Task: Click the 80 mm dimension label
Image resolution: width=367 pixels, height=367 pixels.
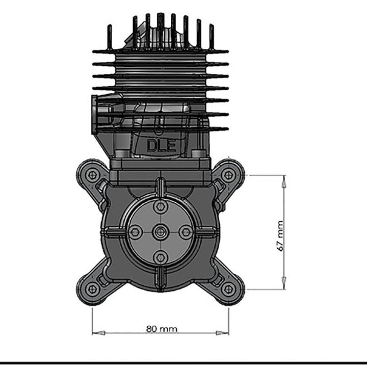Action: coord(162,329)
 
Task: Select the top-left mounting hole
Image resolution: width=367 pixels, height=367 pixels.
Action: coord(92,175)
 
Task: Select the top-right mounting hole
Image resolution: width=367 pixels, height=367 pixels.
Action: coord(228,175)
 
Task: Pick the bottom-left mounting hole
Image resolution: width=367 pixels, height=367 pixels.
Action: coord(92,289)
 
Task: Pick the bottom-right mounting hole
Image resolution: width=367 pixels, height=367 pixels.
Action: coord(228,289)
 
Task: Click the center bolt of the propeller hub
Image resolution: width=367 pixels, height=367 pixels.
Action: coord(161,232)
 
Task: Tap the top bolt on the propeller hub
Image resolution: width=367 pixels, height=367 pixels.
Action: coord(161,206)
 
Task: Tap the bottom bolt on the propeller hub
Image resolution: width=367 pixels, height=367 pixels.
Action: coord(161,257)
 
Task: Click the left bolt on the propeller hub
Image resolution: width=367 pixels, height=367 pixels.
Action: coord(135,232)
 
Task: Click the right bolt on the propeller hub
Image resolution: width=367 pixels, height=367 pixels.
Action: coord(186,232)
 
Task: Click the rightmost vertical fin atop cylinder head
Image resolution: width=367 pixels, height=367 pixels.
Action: coord(211,37)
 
